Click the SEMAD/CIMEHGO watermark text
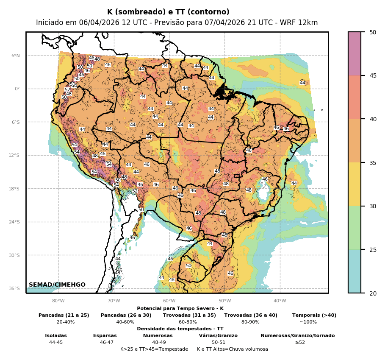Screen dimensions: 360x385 tap(57, 285)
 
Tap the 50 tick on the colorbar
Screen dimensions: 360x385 tap(372, 32)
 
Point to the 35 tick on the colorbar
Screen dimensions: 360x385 tap(372, 162)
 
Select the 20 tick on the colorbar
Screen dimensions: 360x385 tap(372, 293)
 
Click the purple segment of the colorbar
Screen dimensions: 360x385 tap(355, 53)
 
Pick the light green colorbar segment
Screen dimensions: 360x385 tap(355, 228)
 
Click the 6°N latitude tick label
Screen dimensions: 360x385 tap(15, 56)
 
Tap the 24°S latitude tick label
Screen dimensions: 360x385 tap(14, 222)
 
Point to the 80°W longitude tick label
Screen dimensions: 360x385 tap(58, 301)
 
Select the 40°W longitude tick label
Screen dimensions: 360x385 tap(280, 301)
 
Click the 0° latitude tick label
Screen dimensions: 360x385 tap(17, 89)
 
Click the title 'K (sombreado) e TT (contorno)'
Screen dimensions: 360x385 tap(168, 12)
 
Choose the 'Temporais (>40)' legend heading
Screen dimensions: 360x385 tap(314, 315)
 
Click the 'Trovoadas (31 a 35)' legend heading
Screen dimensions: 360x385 tap(189, 315)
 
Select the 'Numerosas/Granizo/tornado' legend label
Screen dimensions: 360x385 tap(297, 335)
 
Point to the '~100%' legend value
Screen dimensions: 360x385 tap(308, 322)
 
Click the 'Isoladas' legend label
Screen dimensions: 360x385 tap(56, 335)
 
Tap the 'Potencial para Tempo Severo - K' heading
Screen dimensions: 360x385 tap(180, 308)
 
